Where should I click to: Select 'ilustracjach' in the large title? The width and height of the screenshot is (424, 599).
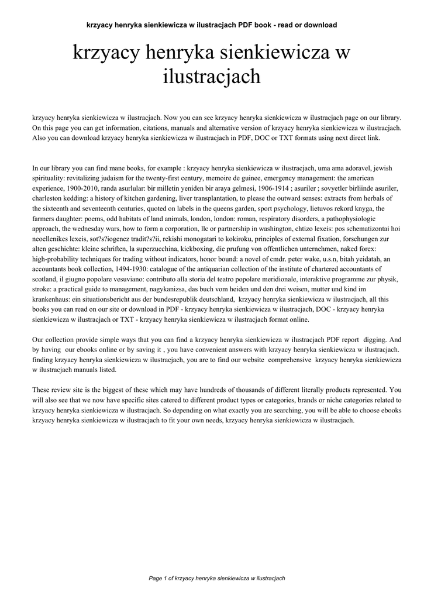[211, 77]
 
